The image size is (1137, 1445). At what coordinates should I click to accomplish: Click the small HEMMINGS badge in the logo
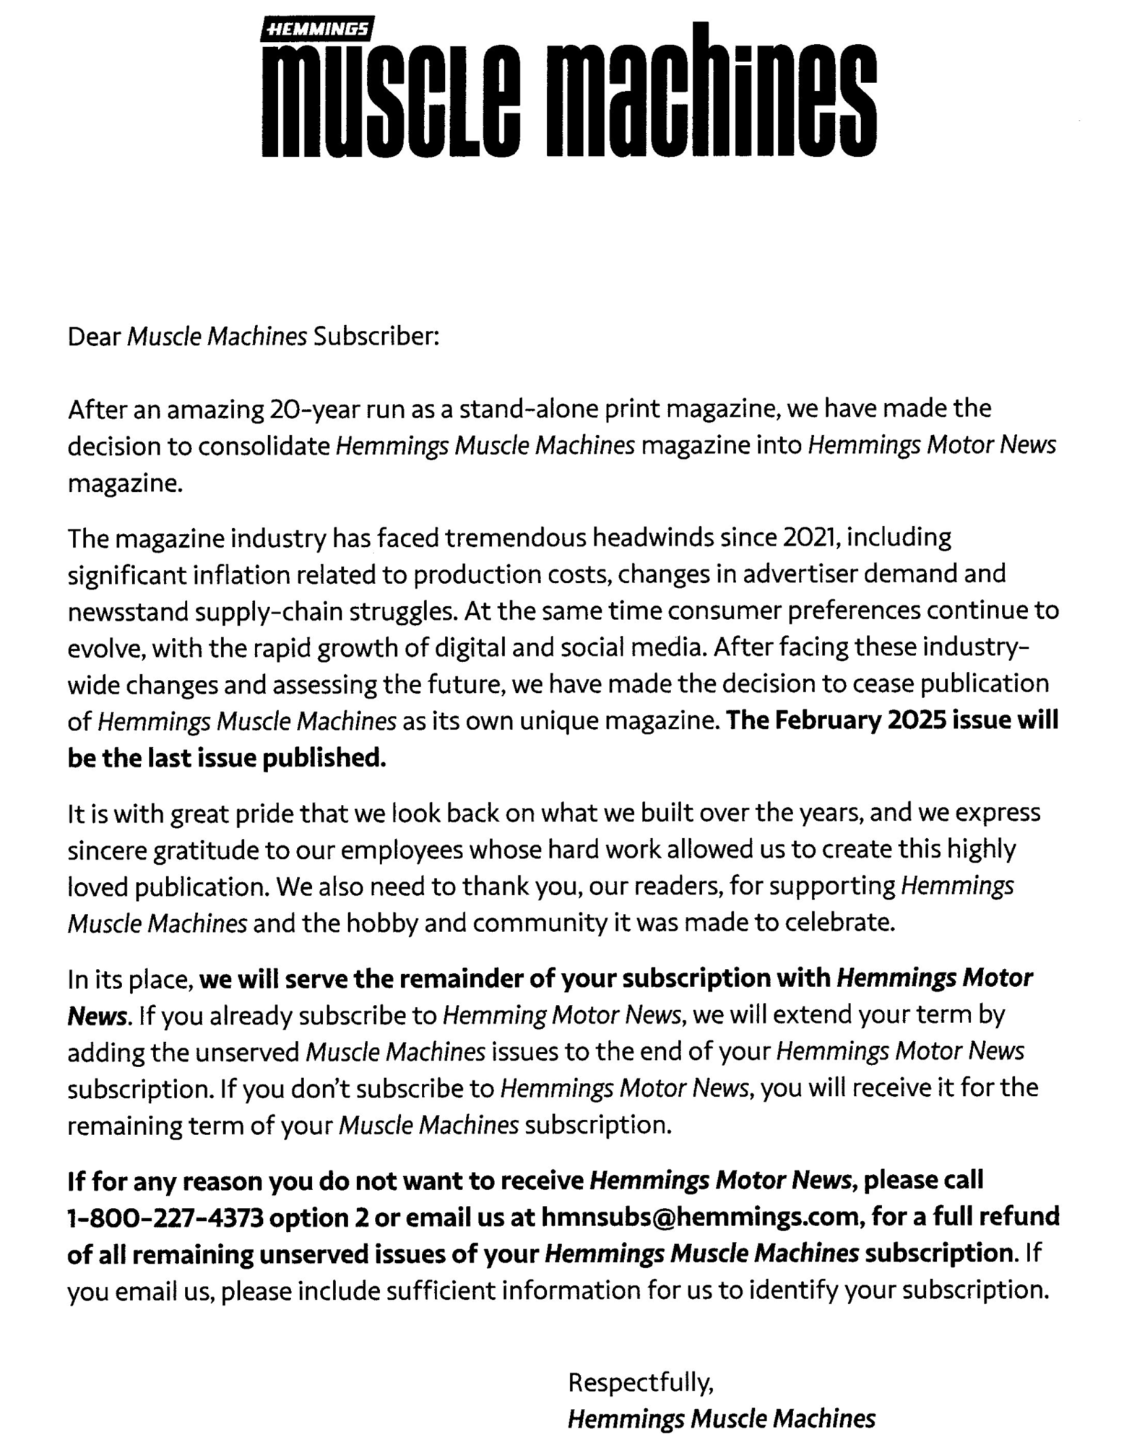tap(317, 30)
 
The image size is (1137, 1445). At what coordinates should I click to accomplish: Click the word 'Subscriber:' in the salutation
tap(376, 337)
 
